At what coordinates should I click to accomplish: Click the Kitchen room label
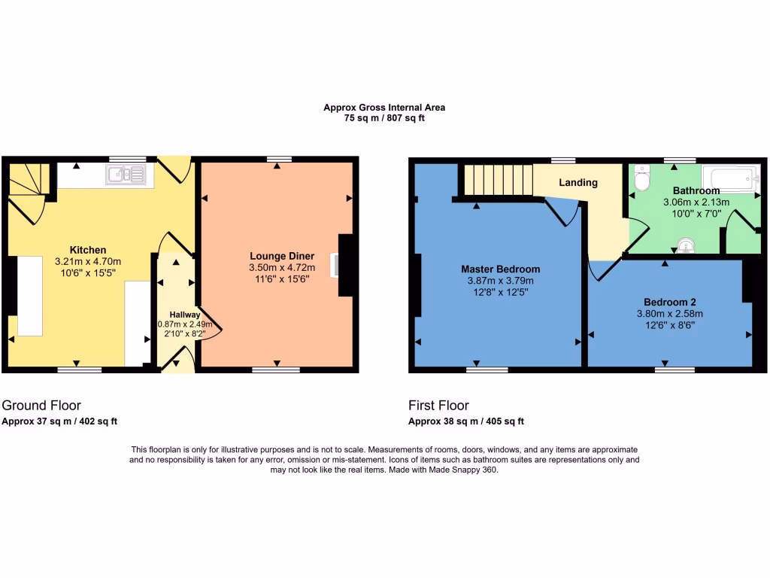pos(88,250)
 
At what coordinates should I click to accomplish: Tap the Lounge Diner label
pos(282,256)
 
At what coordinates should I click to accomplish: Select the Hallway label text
pos(184,315)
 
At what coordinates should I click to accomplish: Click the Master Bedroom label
pos(500,269)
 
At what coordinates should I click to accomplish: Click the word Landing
pos(578,182)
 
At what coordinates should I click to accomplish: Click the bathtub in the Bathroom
pos(730,178)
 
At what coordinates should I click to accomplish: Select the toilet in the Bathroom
pos(642,180)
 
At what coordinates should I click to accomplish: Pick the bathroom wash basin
pos(685,245)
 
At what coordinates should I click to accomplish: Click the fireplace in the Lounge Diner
pos(335,266)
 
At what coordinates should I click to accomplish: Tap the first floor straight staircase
pos(497,180)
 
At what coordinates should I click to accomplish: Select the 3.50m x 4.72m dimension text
pos(282,268)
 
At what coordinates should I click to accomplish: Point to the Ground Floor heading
pos(41,406)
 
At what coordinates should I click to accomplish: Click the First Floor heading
pos(438,406)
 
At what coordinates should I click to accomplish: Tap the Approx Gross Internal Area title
pos(384,108)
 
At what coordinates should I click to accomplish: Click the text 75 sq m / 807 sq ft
pos(384,118)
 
